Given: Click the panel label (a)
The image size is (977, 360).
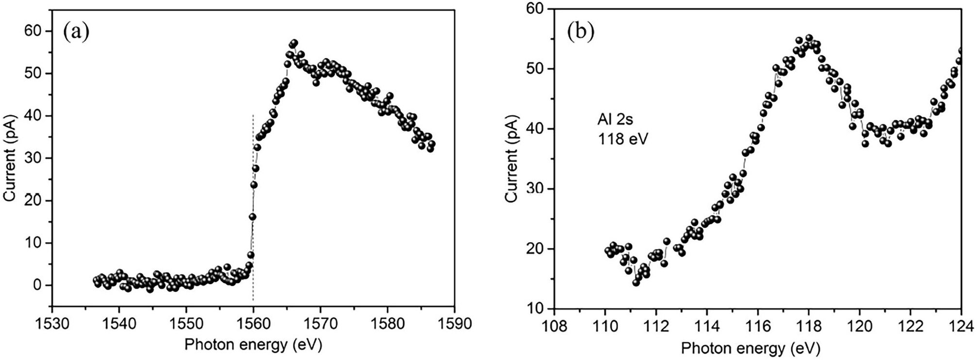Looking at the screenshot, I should coord(76,33).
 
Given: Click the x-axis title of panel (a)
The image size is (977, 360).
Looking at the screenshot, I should coord(253,345).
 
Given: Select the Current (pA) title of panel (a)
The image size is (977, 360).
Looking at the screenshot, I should coord(10,158).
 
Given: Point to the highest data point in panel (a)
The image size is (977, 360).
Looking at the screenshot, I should coord(294,43).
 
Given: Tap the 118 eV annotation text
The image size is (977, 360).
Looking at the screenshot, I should coord(622,139).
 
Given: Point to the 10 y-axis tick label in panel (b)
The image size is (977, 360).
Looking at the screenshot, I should coord(536,309).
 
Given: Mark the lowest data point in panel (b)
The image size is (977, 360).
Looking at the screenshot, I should coord(636,282).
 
